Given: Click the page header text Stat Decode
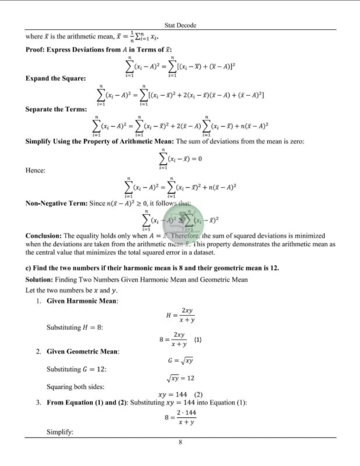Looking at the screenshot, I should click(x=180, y=26).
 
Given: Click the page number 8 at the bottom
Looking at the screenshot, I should click(x=181, y=443).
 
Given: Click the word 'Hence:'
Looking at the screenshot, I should click(x=36, y=171).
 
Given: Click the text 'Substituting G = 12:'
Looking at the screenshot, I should click(x=76, y=369).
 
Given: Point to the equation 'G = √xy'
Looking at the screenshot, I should click(x=180, y=361).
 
